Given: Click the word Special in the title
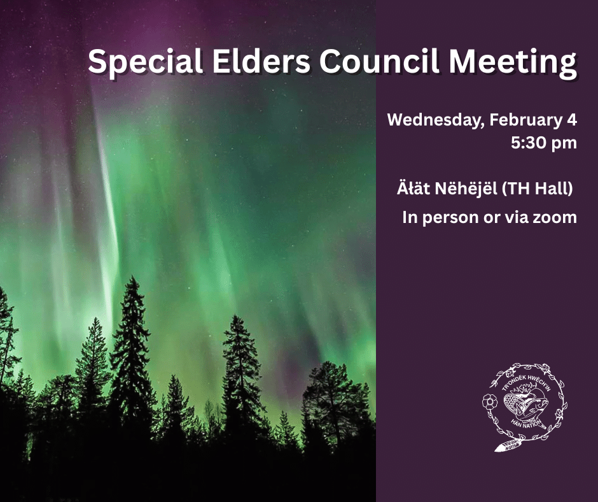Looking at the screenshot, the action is [145, 62].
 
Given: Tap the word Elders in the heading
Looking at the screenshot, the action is [261, 61].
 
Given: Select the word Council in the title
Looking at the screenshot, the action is [379, 61].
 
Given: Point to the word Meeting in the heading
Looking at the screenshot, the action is [512, 62].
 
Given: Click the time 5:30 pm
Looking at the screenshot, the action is [544, 143].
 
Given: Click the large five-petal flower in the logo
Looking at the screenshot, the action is [490, 402].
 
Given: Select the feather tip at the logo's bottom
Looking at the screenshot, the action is [497, 449].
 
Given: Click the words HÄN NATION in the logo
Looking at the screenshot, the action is [525, 423].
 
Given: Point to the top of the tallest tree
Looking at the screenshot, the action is [133, 277].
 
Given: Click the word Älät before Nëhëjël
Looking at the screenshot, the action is [414, 189].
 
